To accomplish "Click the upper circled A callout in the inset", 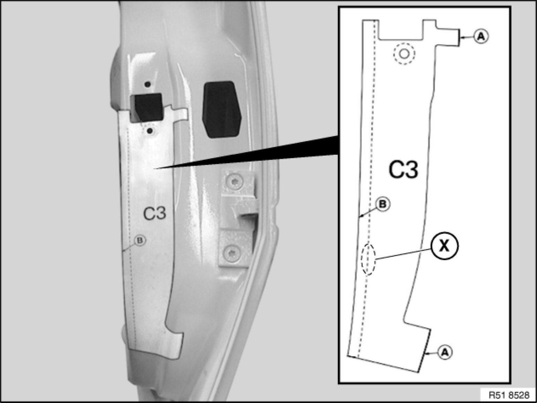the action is [x=481, y=37].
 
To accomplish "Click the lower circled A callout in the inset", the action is [x=445, y=352].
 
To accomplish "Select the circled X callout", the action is [x=444, y=245].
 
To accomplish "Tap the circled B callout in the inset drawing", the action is [x=383, y=204].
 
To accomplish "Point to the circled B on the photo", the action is [x=140, y=241].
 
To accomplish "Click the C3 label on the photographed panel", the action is [x=155, y=213].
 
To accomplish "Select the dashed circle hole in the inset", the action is [x=404, y=54].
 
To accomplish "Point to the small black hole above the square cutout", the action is [x=148, y=84].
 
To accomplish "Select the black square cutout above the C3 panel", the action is [x=146, y=108].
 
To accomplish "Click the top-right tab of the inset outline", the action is [x=447, y=37].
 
